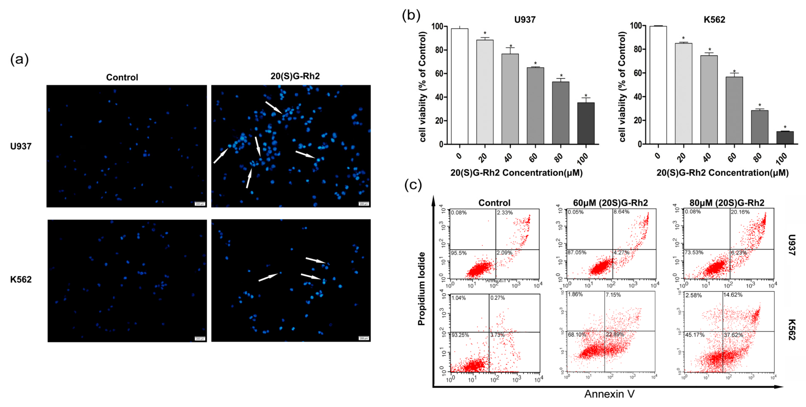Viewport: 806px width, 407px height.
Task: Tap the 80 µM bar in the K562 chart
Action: click(759, 127)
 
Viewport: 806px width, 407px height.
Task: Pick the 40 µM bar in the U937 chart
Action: click(510, 99)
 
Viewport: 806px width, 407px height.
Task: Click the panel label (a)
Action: click(19, 59)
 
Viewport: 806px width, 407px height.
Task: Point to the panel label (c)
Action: click(413, 185)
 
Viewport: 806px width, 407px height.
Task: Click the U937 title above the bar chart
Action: click(525, 20)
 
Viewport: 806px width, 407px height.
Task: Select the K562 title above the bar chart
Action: click(714, 20)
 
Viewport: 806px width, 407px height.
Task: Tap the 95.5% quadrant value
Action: click(459, 253)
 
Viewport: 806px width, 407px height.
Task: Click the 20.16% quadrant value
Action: click(740, 212)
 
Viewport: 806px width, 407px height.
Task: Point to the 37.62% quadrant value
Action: click(733, 335)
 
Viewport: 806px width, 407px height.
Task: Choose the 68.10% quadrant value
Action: click(577, 334)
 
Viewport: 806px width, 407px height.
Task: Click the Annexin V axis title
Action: click(609, 394)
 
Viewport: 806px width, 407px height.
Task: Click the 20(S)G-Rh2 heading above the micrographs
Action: click(295, 76)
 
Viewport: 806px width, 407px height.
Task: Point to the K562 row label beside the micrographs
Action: click(21, 279)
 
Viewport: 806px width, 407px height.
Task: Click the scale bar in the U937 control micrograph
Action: click(200, 204)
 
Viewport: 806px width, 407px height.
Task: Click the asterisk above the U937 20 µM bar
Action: click(485, 33)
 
